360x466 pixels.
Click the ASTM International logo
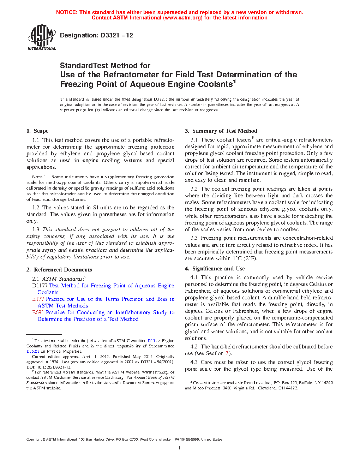click(x=42, y=37)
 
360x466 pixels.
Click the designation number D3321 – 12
click(x=116, y=35)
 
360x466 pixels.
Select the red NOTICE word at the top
click(x=67, y=12)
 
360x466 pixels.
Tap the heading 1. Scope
click(x=37, y=131)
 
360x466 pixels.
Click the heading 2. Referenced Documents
click(x=59, y=270)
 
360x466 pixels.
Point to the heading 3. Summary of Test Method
click(x=221, y=131)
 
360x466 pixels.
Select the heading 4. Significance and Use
click(x=215, y=269)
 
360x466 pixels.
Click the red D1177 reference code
click(x=40, y=286)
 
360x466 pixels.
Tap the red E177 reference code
click(x=38, y=299)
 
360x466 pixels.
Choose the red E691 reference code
click(x=38, y=312)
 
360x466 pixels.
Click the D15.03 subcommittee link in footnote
click(x=33, y=351)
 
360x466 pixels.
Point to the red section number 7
click(x=227, y=353)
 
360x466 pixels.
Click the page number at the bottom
click(x=180, y=448)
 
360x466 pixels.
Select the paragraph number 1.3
click(x=36, y=229)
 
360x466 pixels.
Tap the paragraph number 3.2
click(x=194, y=189)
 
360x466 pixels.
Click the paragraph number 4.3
click(x=194, y=362)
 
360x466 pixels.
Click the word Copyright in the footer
click(x=34, y=440)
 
